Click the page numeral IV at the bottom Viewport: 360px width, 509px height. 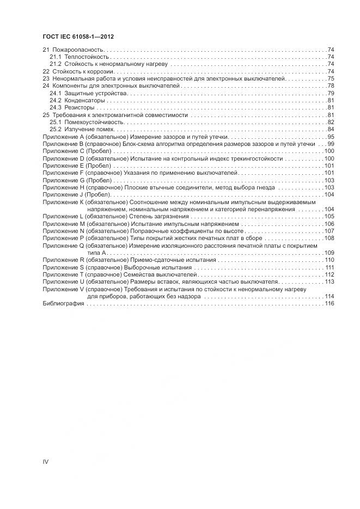coord(46,462)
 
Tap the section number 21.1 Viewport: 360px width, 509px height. coord(55,57)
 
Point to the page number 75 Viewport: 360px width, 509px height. coord(330,78)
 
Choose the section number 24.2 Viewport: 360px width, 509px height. coord(55,100)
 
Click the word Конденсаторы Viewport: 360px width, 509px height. coord(84,100)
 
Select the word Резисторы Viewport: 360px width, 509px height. coord(80,107)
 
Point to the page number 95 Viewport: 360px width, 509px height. coord(330,136)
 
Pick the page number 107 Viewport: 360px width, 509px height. coord(329,231)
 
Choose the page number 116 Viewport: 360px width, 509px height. coord(328,303)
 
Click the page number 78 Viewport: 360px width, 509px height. coord(330,85)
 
